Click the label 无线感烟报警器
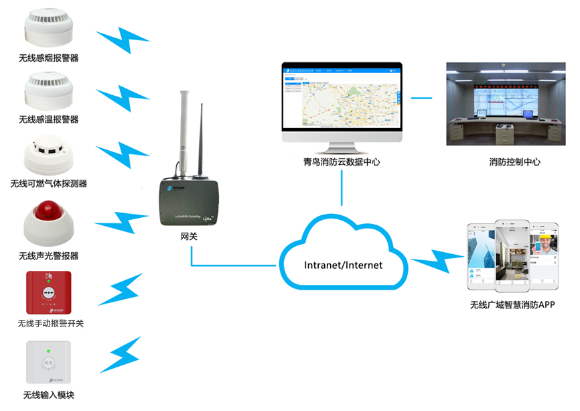(x=49, y=58)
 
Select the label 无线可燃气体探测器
(x=49, y=183)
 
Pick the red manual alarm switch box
(x=49, y=292)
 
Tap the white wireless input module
(x=48, y=363)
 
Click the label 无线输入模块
(x=49, y=395)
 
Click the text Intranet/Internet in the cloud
(x=342, y=265)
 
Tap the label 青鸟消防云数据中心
(x=342, y=162)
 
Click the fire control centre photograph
(x=502, y=104)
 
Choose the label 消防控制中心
(x=514, y=162)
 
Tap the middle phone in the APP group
(x=512, y=255)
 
